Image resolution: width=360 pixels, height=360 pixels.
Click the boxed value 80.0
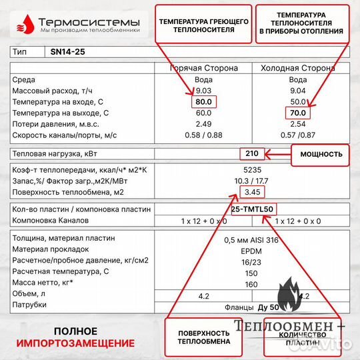[x=204, y=101]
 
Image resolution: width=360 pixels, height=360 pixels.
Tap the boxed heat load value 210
[x=251, y=154]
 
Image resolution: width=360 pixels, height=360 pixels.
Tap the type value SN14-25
[x=67, y=51]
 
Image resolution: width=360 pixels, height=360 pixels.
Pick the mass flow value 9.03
[x=203, y=90]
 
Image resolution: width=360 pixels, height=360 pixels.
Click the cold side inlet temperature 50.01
[x=297, y=101]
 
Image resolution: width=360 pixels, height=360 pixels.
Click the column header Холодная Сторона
[x=297, y=67]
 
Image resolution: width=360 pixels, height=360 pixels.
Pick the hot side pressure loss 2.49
[x=203, y=124]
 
